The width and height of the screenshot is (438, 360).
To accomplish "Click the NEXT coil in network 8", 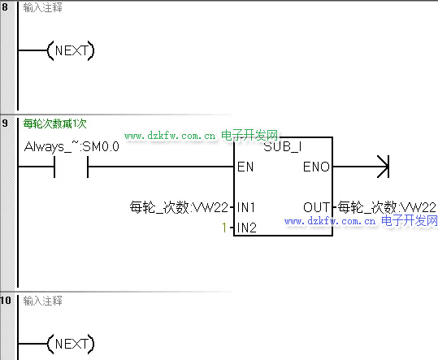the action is coord(71,50).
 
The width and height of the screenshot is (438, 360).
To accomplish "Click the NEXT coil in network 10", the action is coord(71,344).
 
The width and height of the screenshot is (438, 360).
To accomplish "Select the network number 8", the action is coord(5,7).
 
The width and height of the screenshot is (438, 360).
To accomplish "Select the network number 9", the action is coord(5,124).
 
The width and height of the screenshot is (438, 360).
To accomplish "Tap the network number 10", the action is coord(6,301).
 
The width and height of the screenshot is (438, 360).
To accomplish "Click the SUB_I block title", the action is coord(283,147).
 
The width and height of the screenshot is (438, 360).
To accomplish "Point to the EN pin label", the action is coord(245,167).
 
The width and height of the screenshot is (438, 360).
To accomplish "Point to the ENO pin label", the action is coord(316,167).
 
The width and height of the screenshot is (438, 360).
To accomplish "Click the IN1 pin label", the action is coord(245,208).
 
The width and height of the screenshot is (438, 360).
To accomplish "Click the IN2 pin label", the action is coord(247,228).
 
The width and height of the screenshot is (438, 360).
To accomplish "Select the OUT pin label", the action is coord(317,208).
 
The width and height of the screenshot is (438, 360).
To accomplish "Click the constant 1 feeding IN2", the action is coord(224,228).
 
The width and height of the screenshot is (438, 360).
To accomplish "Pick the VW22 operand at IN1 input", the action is coord(179,208).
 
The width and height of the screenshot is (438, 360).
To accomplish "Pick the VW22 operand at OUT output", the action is coord(387,208).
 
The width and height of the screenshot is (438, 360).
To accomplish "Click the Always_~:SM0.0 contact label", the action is coord(72,147).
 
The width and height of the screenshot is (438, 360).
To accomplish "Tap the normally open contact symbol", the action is coord(72,167).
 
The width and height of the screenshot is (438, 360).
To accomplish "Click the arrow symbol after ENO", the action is coord(383,167).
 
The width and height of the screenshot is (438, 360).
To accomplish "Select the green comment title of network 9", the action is coord(54,124).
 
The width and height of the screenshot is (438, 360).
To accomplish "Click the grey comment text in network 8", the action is coord(42,8).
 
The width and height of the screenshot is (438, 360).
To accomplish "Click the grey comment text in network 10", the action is coord(42,301).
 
